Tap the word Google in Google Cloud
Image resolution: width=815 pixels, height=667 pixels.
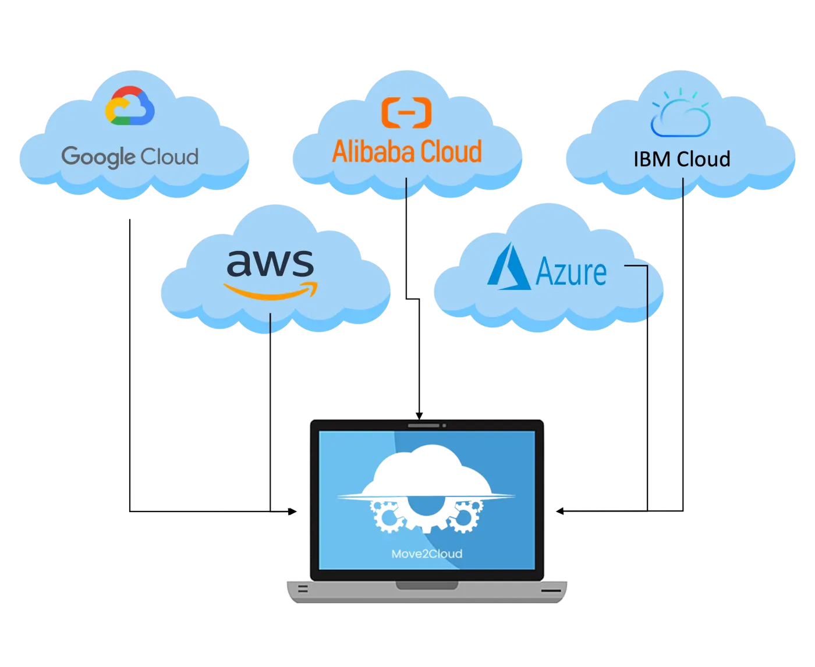tap(98, 157)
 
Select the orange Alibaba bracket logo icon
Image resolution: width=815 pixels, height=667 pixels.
tap(406, 112)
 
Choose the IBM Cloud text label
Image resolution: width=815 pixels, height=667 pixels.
tap(682, 159)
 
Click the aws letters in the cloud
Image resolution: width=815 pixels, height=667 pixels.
tap(270, 263)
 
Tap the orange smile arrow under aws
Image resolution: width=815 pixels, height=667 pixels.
tap(271, 291)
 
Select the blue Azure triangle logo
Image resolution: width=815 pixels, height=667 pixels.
tap(509, 266)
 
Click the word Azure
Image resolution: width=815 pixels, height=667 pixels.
tap(570, 272)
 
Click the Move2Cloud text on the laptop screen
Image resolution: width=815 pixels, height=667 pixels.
tap(427, 554)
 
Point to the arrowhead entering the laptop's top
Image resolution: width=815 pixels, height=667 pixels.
tap(419, 416)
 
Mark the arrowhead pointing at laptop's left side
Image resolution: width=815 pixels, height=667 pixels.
tap(293, 511)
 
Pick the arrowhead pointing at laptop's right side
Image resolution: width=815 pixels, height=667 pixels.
tap(559, 511)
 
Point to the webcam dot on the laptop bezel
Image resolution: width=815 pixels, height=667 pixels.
tap(444, 425)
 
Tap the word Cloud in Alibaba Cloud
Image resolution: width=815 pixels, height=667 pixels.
tap(451, 151)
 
